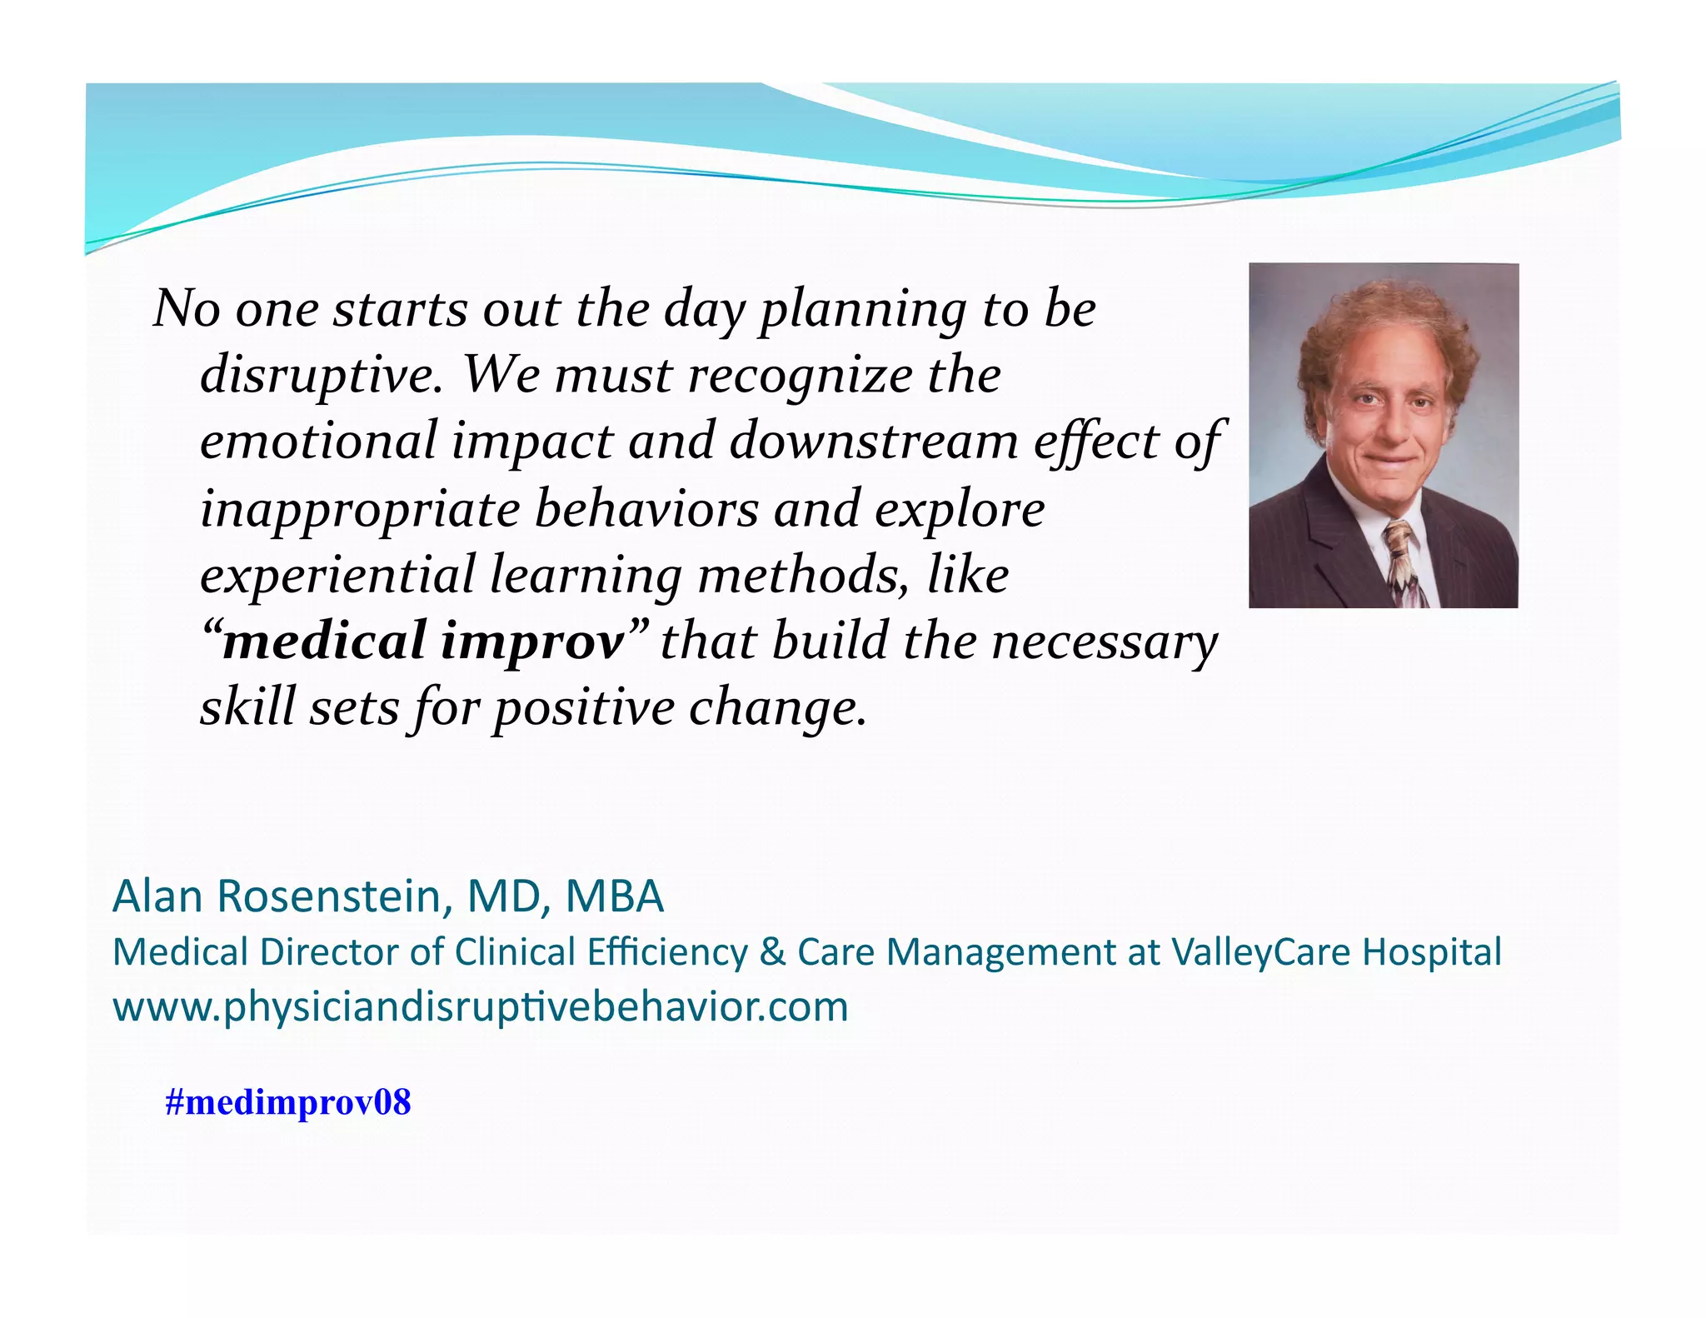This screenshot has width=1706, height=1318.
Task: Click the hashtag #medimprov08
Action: pyautogui.click(x=287, y=1102)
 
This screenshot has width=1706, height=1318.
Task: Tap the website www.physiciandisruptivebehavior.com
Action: pyautogui.click(x=480, y=1006)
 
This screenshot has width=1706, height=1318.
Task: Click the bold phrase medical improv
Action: pyautogui.click(x=424, y=642)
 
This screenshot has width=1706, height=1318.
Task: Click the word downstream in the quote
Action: pyautogui.click(x=874, y=441)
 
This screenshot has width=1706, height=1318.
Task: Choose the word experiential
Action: pyautogui.click(x=337, y=575)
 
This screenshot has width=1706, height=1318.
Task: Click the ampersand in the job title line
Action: pyautogui.click(x=772, y=951)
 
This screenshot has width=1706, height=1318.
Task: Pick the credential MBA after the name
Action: pyautogui.click(x=614, y=896)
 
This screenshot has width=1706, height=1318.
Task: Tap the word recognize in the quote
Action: pyautogui.click(x=800, y=375)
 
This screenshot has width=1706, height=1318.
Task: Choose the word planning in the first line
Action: pyautogui.click(x=863, y=310)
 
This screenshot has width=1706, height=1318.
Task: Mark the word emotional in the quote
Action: pyautogui.click(x=318, y=441)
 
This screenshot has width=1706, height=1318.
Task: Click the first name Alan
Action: pyautogui.click(x=157, y=896)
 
